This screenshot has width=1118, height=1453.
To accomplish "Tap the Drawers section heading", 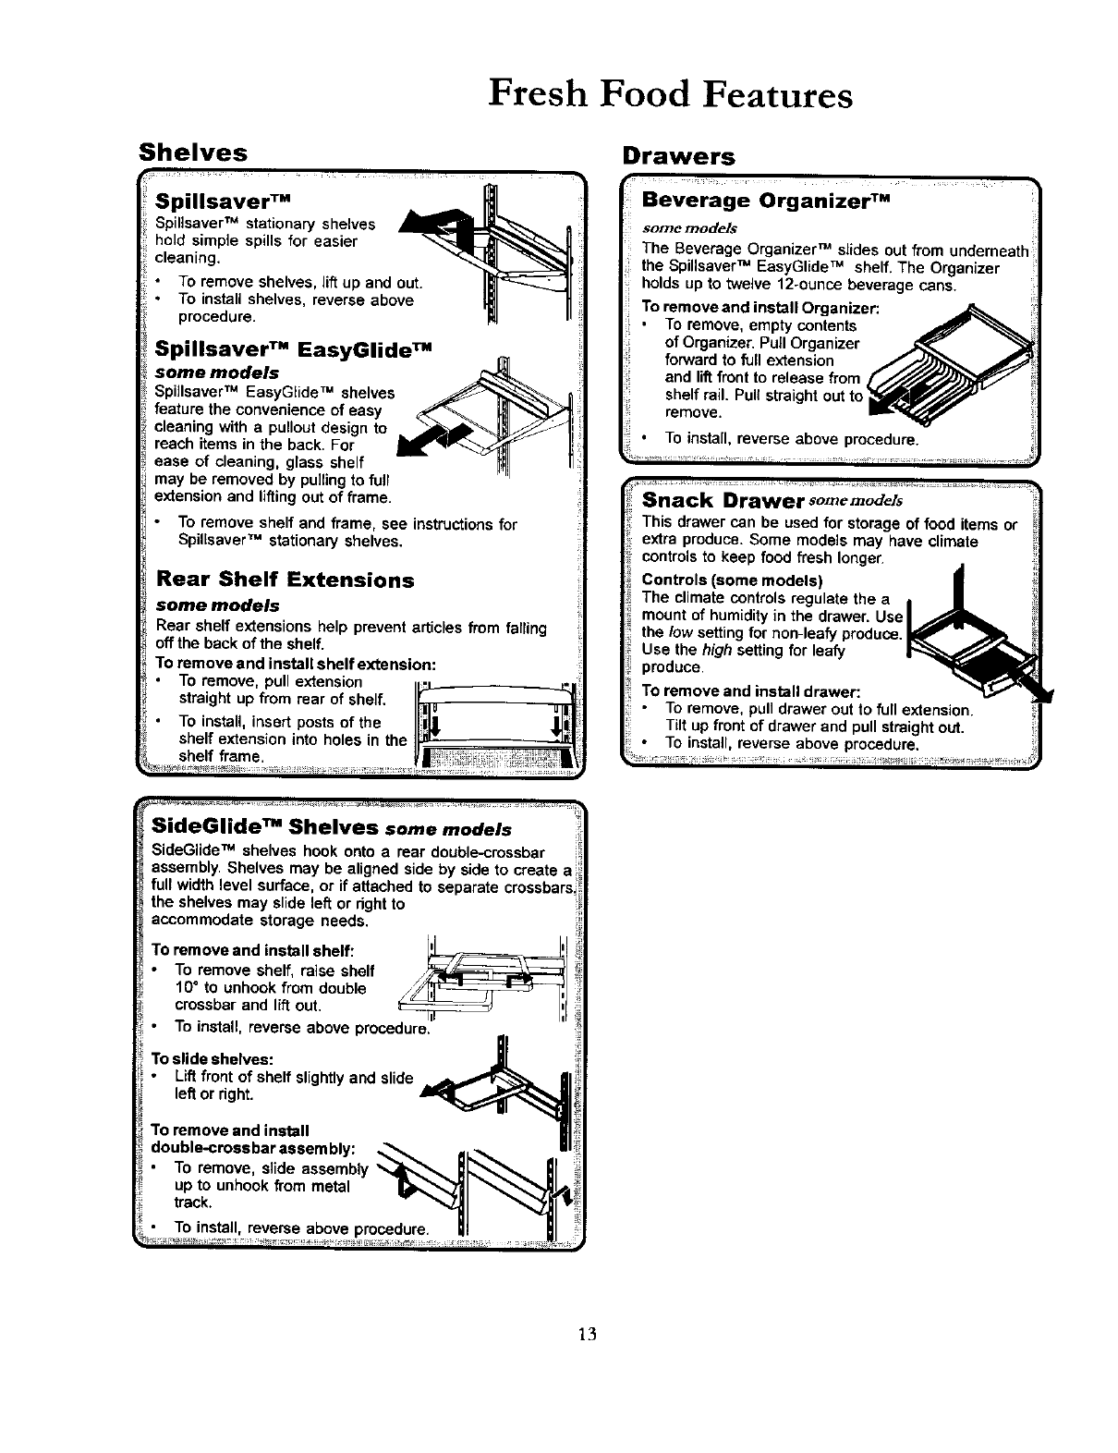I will [x=678, y=156].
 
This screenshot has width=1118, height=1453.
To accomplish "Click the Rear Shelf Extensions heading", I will [x=285, y=580].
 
